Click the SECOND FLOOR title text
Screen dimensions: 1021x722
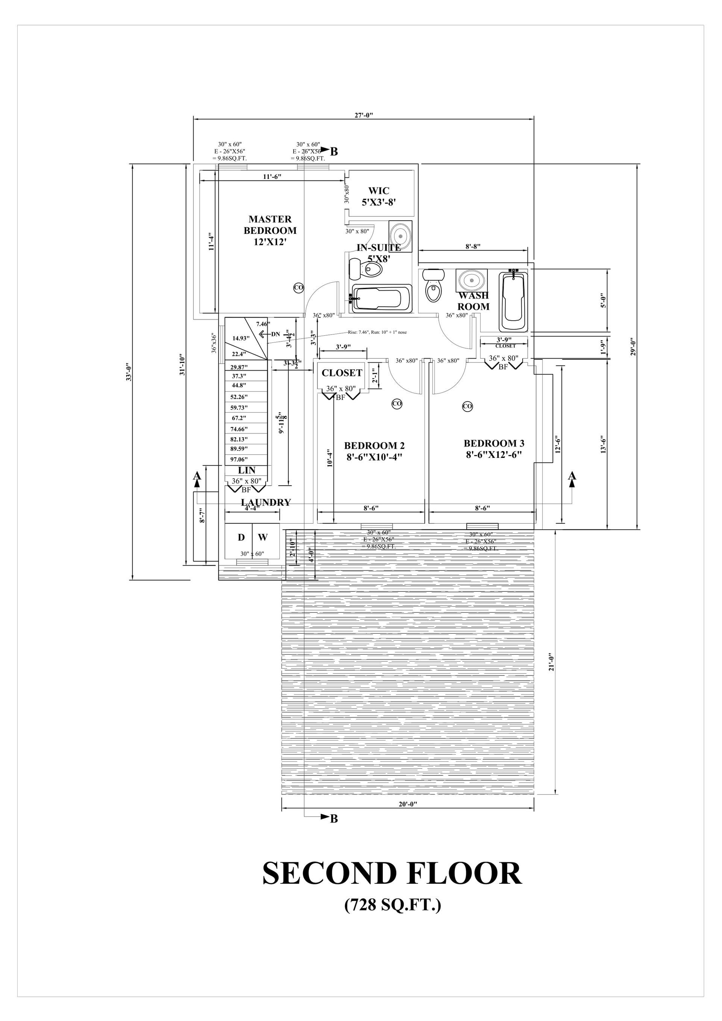(x=392, y=873)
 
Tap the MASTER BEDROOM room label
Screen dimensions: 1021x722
(x=270, y=230)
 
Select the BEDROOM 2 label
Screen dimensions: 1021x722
(x=374, y=451)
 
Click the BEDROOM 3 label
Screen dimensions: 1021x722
(x=494, y=449)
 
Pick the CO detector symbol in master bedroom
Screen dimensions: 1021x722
(x=299, y=288)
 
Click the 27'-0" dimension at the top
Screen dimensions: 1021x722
(x=364, y=115)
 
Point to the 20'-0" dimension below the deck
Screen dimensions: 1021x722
(x=408, y=804)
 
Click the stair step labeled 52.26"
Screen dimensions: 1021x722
(x=239, y=397)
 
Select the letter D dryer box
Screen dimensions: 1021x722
(x=241, y=537)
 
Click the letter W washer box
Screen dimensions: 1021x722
(x=263, y=537)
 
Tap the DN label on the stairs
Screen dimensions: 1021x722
(x=275, y=334)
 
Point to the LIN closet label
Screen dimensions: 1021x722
(x=246, y=470)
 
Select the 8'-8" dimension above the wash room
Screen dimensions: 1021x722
(x=473, y=246)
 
